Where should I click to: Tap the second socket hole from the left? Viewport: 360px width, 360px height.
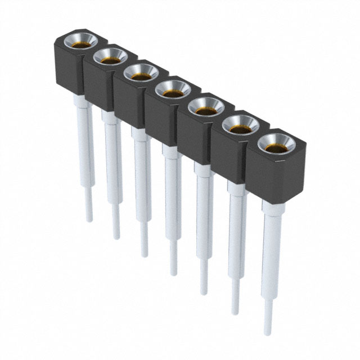click(110, 56)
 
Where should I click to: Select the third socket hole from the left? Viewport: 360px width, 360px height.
click(140, 72)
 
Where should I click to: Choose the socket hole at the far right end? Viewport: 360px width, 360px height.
click(274, 143)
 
